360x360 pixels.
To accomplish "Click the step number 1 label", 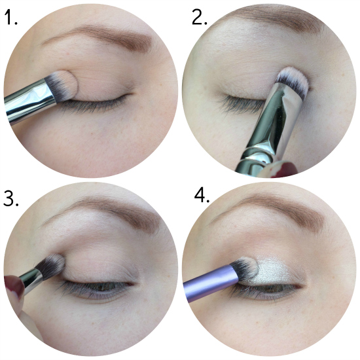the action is (10, 18).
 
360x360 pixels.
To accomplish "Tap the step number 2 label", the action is (199, 17).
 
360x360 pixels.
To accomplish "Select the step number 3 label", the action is (10, 198).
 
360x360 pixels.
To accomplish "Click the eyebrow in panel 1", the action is (101, 37).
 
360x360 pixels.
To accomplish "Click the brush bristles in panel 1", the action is (62, 85).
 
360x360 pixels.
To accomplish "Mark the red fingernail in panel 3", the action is (13, 286).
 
